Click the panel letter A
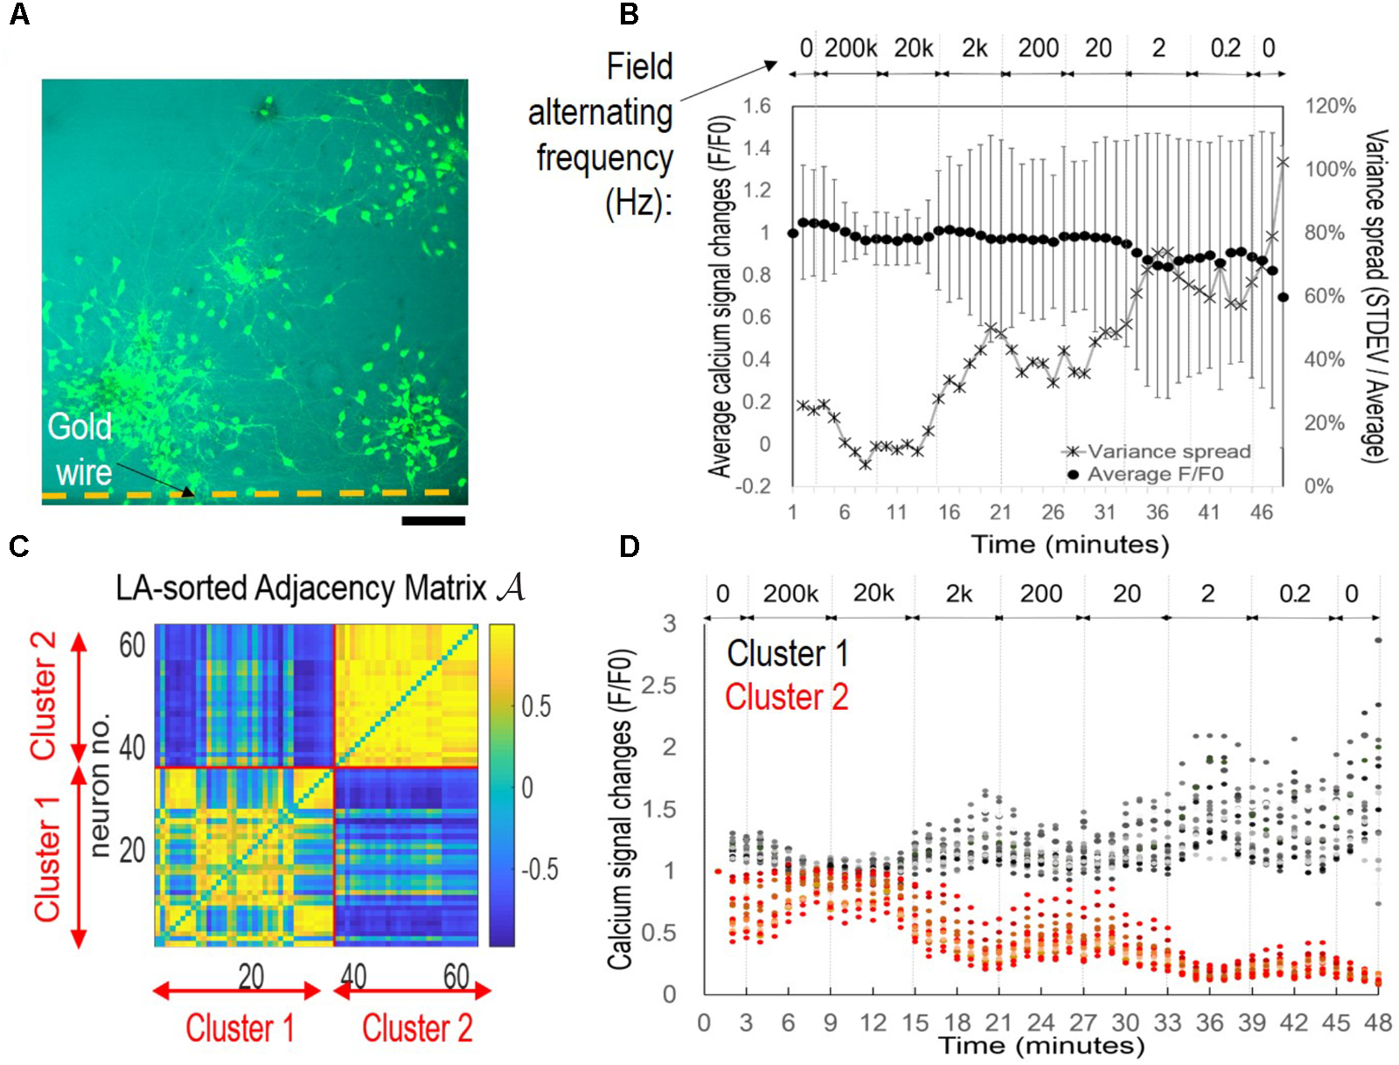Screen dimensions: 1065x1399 [x=18, y=15]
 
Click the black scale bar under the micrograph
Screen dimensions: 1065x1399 [x=433, y=521]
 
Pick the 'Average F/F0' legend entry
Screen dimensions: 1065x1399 [x=1154, y=474]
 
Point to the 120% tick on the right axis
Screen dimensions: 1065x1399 [x=1330, y=107]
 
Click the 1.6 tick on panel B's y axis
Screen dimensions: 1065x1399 [x=756, y=107]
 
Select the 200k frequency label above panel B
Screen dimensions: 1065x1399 [x=850, y=48]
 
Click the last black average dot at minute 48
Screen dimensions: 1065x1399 [x=1283, y=297]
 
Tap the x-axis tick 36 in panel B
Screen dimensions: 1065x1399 [x=1157, y=512]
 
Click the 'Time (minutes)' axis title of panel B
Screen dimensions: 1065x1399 [x=1069, y=545]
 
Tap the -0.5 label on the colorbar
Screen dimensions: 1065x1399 [x=539, y=870]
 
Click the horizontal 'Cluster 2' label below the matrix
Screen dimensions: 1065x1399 [x=417, y=1028]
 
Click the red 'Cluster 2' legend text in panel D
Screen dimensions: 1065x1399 [x=786, y=698]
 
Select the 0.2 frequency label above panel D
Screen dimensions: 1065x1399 [x=1294, y=594]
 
